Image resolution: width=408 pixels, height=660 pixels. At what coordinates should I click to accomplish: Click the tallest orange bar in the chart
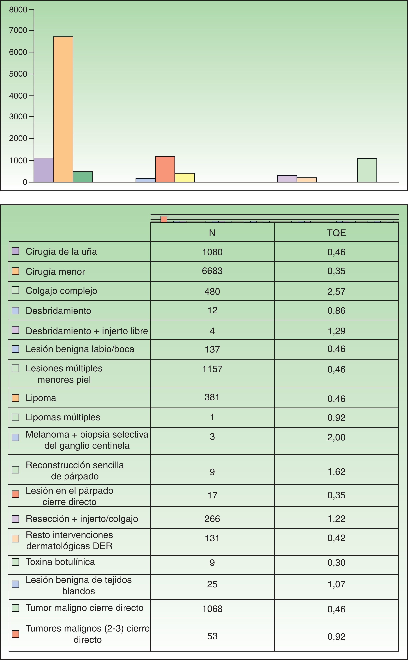63,109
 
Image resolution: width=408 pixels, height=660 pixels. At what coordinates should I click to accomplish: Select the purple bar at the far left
43,170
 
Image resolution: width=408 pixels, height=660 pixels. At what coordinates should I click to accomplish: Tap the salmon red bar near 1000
165,169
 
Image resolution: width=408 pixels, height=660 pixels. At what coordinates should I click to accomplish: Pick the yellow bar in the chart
185,178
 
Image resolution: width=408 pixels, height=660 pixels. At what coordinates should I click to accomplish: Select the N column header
212,233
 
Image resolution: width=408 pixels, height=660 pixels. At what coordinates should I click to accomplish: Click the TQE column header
336,233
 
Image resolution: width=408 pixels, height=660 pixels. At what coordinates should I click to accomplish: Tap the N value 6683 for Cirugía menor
212,271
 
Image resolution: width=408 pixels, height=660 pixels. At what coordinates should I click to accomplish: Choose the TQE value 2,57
336,291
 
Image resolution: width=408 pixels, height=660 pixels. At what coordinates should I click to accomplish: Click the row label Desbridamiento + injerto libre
87,331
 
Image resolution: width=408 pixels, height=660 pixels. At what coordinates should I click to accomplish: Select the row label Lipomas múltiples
63,417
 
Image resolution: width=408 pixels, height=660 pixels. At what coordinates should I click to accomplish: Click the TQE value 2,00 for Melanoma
336,437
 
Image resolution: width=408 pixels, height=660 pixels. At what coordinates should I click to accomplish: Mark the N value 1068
212,609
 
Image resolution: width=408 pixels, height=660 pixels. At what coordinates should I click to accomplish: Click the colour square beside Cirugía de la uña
15,251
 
